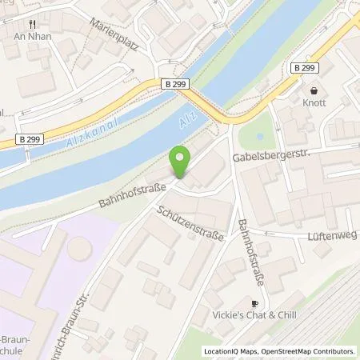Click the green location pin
tap(182, 162)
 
